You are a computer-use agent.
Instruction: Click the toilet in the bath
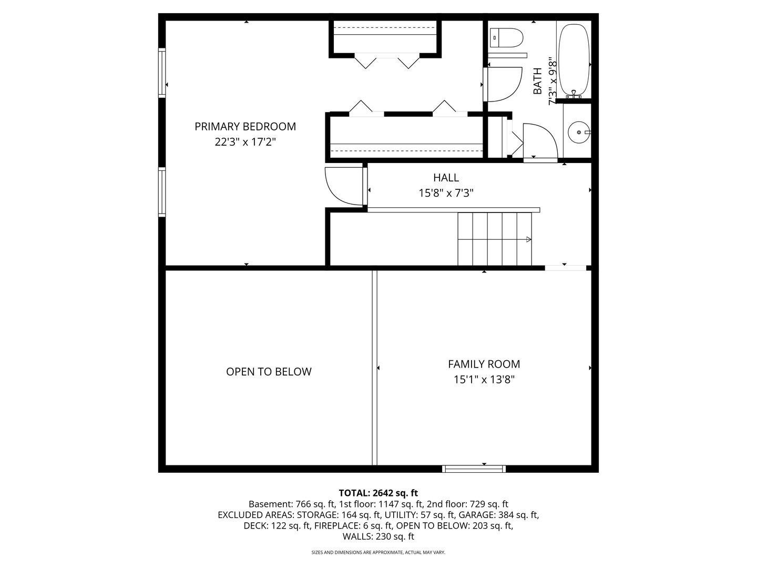click(506, 38)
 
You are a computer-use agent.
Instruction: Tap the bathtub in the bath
click(574, 59)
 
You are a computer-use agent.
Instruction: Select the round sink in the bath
click(579, 132)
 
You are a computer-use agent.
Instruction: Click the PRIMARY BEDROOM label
click(245, 127)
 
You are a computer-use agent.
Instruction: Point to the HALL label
click(446, 178)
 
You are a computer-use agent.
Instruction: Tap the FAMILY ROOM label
click(484, 364)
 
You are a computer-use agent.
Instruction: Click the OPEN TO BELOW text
click(269, 371)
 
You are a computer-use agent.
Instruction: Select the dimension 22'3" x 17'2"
click(245, 142)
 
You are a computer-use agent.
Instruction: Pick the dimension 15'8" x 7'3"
click(446, 193)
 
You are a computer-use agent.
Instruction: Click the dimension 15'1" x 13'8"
click(484, 379)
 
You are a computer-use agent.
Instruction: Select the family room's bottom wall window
click(474, 469)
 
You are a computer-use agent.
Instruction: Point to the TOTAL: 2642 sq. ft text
click(378, 493)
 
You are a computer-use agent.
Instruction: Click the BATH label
click(537, 81)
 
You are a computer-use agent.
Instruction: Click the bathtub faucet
click(574, 94)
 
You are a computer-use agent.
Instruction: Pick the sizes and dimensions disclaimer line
click(378, 552)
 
